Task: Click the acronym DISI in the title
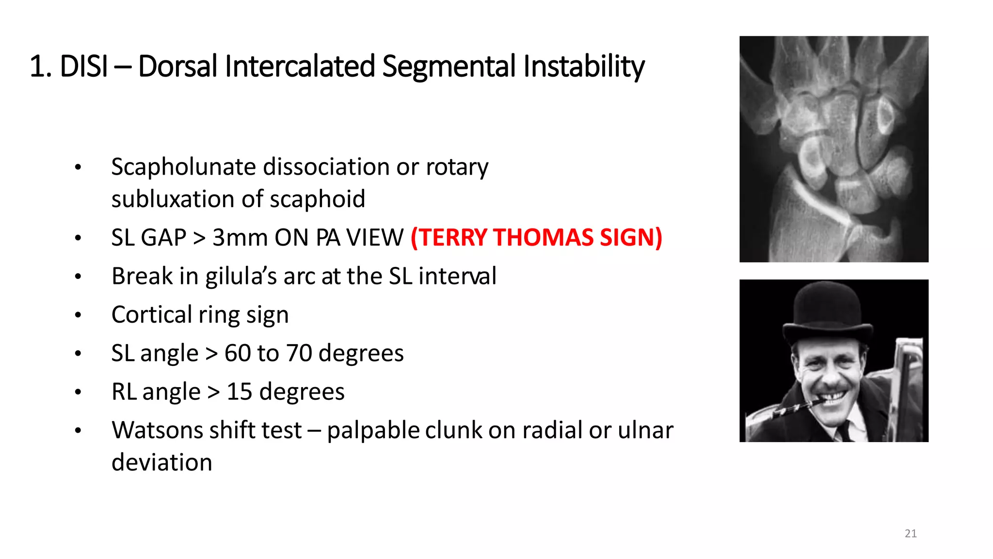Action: point(83,66)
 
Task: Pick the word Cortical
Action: point(152,314)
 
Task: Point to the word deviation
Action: point(162,462)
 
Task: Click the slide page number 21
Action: point(911,534)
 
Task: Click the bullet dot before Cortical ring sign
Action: point(78,315)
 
